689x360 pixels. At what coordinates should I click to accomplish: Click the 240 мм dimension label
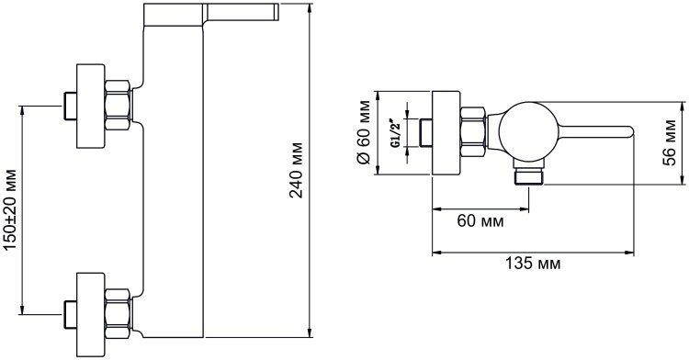(x=297, y=170)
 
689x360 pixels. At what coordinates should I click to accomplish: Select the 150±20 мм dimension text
(x=10, y=210)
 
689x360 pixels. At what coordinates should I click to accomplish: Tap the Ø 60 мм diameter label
(x=365, y=132)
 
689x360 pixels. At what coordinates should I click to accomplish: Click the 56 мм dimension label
(x=669, y=142)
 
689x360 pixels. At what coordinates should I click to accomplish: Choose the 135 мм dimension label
(x=533, y=264)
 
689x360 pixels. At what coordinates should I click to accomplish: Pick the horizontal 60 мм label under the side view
(x=480, y=220)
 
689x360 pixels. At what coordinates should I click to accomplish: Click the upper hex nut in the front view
(x=119, y=106)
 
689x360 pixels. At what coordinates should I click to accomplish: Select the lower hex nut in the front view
(x=119, y=313)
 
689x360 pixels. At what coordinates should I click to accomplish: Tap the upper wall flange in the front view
(x=91, y=106)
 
